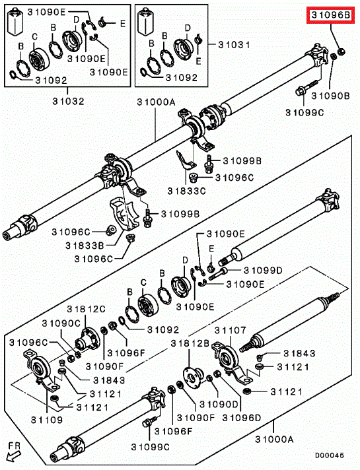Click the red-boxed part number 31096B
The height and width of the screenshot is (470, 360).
point(330,15)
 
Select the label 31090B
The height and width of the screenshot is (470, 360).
point(330,96)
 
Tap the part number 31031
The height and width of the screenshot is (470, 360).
point(234,45)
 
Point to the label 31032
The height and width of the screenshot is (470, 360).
point(69,101)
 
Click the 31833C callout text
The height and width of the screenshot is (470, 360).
point(186,191)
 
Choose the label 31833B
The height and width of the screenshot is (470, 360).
point(85,246)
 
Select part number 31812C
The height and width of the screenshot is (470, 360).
point(87,309)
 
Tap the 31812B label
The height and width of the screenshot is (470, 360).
point(190,343)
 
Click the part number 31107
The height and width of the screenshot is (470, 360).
point(230,330)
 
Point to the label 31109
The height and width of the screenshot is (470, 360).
point(47,420)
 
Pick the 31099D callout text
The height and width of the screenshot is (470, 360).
point(263,271)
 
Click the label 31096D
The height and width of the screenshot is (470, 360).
point(242,418)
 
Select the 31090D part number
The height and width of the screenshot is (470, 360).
point(219,405)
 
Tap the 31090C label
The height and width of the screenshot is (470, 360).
point(61,323)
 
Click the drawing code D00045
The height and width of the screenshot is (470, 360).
point(330,455)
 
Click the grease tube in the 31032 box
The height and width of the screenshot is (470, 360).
point(16,22)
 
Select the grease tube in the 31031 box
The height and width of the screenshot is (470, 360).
point(146,22)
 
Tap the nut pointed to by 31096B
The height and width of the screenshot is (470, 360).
point(341,52)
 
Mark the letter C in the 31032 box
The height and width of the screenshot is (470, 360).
point(35,37)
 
